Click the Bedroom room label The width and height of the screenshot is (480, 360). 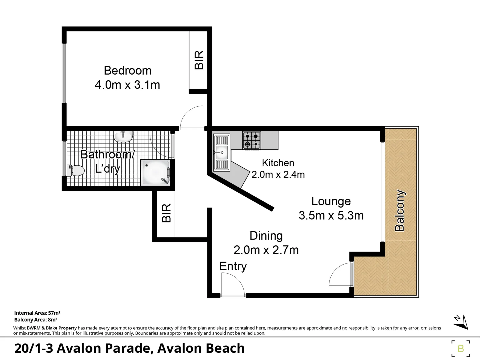127,71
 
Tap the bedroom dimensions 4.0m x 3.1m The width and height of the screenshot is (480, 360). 127,85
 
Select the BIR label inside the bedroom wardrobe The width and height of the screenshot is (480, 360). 199,60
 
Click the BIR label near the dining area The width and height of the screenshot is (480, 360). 166,213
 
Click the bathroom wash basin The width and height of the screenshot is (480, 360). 123,136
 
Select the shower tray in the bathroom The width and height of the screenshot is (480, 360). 156,173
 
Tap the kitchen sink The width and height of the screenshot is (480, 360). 222,152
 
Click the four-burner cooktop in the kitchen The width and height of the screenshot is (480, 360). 252,140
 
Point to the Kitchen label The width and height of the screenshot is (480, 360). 278,163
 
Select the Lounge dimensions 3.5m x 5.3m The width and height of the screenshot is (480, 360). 331,216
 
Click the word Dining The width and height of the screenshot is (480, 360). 266,236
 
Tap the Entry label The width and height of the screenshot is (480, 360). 233,266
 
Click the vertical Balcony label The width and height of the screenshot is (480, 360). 399,211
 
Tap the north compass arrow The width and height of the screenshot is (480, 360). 461,322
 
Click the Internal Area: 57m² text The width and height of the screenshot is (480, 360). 37,313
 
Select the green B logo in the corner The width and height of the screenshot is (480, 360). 461,348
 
